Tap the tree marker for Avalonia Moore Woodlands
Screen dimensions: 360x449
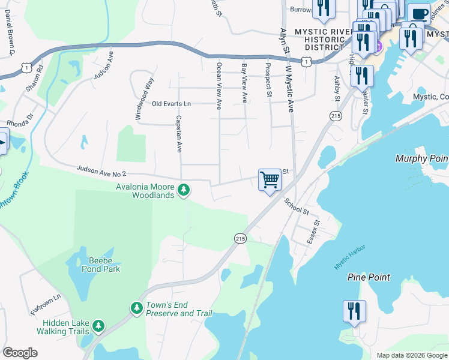pos(184,191)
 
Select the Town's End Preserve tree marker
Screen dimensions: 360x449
pos(137,308)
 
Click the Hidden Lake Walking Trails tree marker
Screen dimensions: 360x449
pos(98,326)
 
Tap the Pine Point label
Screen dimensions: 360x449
pos(369,277)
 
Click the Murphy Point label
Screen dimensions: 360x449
pos(421,158)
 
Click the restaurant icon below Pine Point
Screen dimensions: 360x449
pos(354,311)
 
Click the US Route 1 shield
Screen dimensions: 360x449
pos(307,61)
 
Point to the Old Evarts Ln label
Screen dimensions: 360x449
pos(171,104)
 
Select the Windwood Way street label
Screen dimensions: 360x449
pos(144,99)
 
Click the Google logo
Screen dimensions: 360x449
pos(20,353)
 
